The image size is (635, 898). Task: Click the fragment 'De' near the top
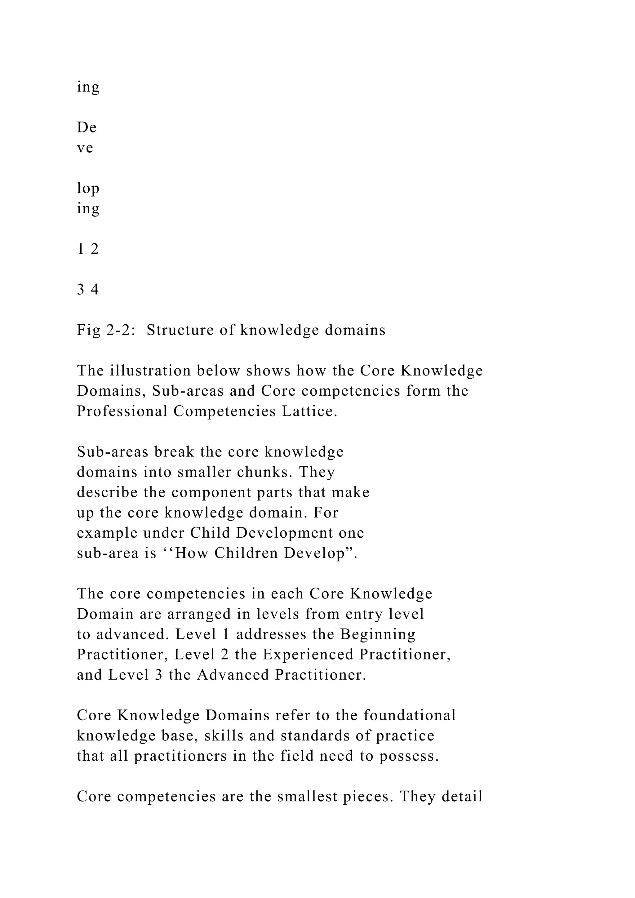pos(87,127)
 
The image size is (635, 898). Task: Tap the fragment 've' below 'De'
pos(85,148)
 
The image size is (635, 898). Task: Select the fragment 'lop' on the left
pos(88,189)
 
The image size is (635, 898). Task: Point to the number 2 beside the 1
pos(95,249)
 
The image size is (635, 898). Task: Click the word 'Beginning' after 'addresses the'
pos(378,634)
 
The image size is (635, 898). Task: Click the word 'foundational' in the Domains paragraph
pos(409,715)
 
